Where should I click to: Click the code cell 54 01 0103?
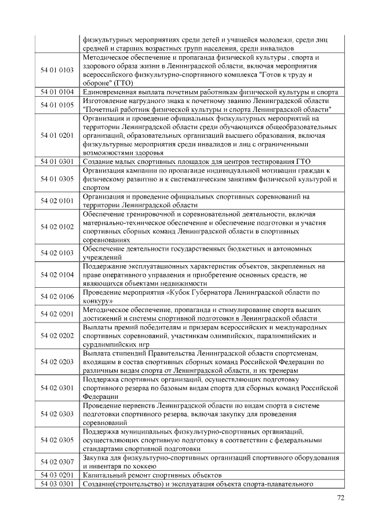[x=57, y=70]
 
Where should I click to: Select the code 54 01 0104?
[x=57, y=92]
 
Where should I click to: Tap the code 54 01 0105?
[x=57, y=104]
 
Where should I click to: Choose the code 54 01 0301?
[x=57, y=162]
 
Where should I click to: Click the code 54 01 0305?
[x=57, y=179]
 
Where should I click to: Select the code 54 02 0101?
[x=57, y=200]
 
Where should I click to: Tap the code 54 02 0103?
[x=57, y=252]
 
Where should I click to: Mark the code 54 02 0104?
[x=57, y=274]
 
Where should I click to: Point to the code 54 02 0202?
[x=57, y=335]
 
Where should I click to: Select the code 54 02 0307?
[x=57, y=461]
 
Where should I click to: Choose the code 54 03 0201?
[x=57, y=474]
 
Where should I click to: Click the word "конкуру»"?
[x=97, y=301]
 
